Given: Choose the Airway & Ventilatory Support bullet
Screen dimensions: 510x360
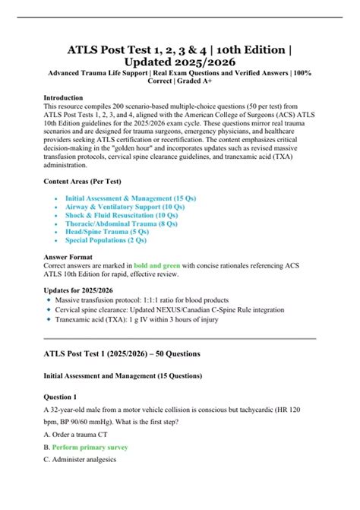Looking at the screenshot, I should tap(124, 207).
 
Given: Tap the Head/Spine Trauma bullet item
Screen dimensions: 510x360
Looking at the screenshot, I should tap(105, 234).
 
